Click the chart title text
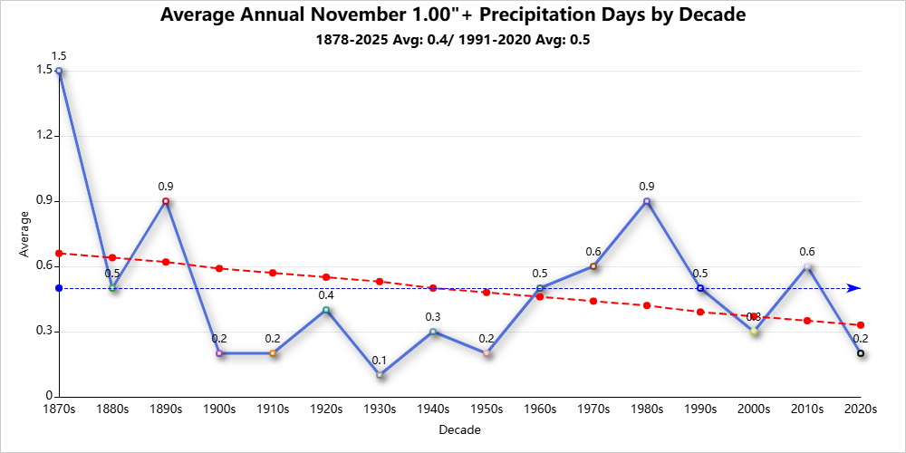(x=453, y=15)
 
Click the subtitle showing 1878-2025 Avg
(x=453, y=40)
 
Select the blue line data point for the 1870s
(x=59, y=71)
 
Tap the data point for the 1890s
(x=166, y=201)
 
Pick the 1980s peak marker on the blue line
(x=647, y=201)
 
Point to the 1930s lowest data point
(x=380, y=375)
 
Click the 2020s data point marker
(x=861, y=353)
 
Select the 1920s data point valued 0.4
(x=326, y=310)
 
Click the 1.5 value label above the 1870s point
(x=59, y=56)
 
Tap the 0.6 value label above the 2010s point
(x=807, y=252)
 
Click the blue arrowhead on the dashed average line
(x=853, y=288)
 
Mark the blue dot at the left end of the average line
(x=59, y=288)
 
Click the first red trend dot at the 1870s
(x=59, y=254)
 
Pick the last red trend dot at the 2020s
(x=861, y=325)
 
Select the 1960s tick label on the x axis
(x=540, y=410)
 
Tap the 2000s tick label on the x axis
(x=754, y=410)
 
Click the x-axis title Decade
(x=459, y=429)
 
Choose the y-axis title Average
(x=24, y=234)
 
